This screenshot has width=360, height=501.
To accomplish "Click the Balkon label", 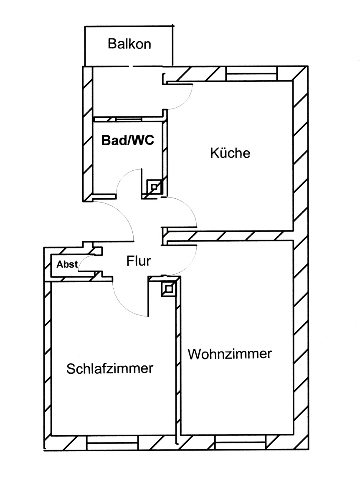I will coord(129,44).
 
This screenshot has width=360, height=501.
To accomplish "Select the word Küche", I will coord(230,153).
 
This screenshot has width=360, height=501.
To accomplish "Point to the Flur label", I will coord(138,261).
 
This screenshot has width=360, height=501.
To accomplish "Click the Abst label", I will coord(67,264).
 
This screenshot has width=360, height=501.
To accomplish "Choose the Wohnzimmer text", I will coord(230,354).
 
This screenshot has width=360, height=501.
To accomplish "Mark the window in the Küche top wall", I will coord(251,76).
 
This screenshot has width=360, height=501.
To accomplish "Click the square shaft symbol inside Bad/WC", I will coord(154,186).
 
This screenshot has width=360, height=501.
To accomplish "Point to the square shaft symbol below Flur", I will coord(168,288).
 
